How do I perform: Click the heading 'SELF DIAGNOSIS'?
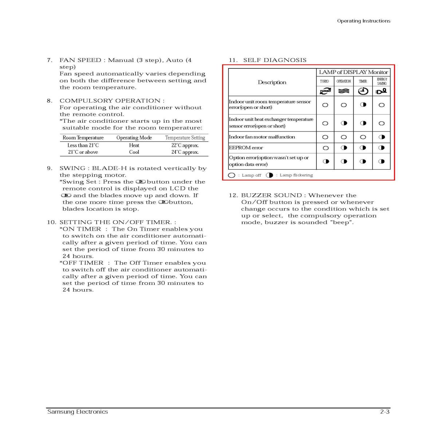pyautogui.click(x=275, y=60)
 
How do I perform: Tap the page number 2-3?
pyautogui.click(x=385, y=412)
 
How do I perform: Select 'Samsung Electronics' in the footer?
pyautogui.click(x=78, y=412)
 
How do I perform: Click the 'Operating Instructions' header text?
pyautogui.click(x=363, y=21)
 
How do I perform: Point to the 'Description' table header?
pyautogui.click(x=272, y=82)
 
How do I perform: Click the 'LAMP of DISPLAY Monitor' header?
pyautogui.click(x=353, y=72)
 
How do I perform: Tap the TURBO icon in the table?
pyautogui.click(x=325, y=91)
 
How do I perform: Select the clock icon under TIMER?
pyautogui.click(x=363, y=91)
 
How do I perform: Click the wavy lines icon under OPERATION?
pyautogui.click(x=344, y=91)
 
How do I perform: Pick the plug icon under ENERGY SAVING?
pyautogui.click(x=381, y=91)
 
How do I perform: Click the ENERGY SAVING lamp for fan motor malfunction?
pyautogui.click(x=382, y=137)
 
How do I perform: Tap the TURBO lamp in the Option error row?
pyautogui.click(x=326, y=161)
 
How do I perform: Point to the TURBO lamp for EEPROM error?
pyautogui.click(x=326, y=148)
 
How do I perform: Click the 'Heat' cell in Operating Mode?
pyautogui.click(x=134, y=145)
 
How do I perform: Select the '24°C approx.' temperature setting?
pyautogui.click(x=185, y=152)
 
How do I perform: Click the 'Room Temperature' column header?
pyautogui.click(x=83, y=138)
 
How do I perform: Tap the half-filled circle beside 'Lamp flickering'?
pyautogui.click(x=269, y=175)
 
